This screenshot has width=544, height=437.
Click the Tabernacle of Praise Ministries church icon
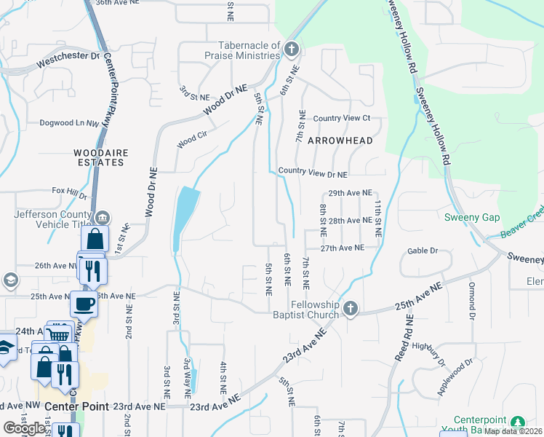pos(292,49)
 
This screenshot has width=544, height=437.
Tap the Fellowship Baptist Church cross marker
pos(351,309)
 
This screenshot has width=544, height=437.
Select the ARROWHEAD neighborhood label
pos(340,141)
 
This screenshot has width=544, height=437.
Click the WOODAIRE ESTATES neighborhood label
pos(100,157)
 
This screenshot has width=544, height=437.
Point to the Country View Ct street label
pos(342,119)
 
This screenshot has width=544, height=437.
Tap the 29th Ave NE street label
pos(350,194)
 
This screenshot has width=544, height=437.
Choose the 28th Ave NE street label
pos(350,221)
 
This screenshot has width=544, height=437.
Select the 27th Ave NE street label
pos(342,248)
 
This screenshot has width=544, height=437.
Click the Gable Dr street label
pos(423,251)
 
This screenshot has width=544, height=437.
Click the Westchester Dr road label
pos(72,55)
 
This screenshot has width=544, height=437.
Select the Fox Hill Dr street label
pos(69,191)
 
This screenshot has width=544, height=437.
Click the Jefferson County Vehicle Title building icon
pos(103,216)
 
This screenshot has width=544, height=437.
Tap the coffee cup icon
pos(84,304)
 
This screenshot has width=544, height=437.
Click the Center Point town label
pos(76,406)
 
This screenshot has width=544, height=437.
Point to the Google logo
pos(24,428)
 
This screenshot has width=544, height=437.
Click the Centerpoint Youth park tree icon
pos(517,422)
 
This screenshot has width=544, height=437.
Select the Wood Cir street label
pos(192,138)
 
